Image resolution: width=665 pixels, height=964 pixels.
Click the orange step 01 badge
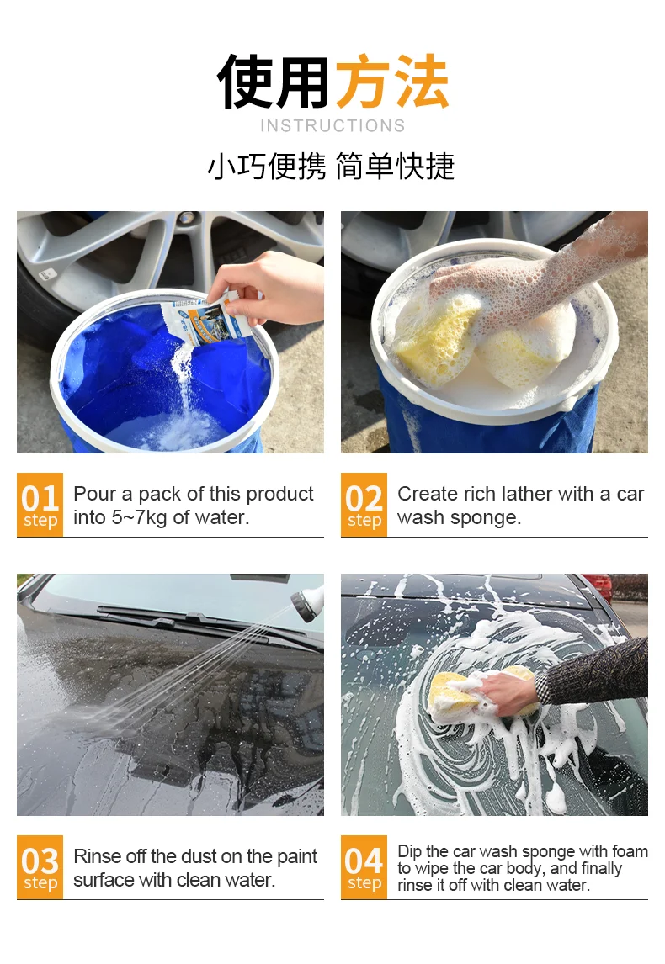click(x=40, y=505)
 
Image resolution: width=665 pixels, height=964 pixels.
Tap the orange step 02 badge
click(x=364, y=505)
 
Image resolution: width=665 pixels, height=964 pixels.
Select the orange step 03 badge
click(x=40, y=867)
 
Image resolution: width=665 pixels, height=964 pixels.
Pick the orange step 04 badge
click(x=364, y=867)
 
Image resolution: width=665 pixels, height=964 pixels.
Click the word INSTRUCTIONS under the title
click(x=332, y=126)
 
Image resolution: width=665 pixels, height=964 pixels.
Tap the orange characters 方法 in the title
click(x=392, y=82)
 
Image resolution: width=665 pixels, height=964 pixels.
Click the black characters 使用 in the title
click(x=274, y=82)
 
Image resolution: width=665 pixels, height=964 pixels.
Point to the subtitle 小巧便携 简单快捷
click(x=331, y=167)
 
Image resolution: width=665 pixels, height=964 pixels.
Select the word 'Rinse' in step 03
click(x=98, y=856)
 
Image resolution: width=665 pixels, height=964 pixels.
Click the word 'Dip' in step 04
click(x=409, y=851)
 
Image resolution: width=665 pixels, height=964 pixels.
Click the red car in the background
click(x=599, y=585)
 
